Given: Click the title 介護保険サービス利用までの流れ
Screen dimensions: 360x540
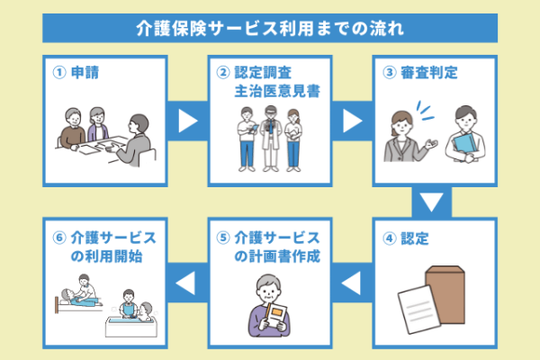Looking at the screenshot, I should coord(269,27).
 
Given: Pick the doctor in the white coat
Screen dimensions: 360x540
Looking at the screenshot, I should coord(268,139).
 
